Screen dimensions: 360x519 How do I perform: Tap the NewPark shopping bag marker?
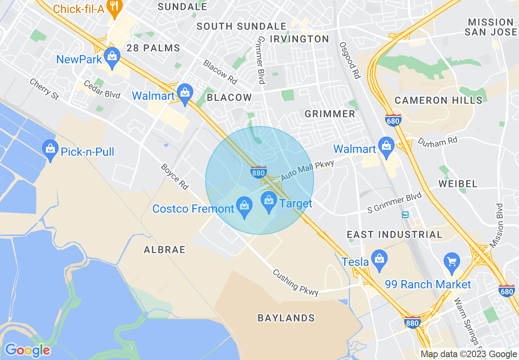tap(111, 58)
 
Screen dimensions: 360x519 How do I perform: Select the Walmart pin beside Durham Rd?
tap(386, 147)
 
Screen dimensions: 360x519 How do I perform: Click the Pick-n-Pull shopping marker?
tap(50, 150)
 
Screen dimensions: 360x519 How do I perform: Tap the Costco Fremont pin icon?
tap(244, 207)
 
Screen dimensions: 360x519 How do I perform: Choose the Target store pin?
tap(269, 202)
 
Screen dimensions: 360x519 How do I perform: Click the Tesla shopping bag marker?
tap(380, 260)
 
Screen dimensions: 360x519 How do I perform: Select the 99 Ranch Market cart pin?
tap(451, 263)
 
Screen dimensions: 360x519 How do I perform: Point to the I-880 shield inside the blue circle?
tap(259, 172)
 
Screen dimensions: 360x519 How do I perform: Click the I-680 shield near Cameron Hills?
tap(393, 120)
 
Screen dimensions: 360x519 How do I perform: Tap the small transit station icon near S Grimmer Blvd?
tap(405, 215)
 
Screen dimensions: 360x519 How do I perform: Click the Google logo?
tap(27, 350)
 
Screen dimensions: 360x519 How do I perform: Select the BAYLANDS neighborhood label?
tap(286, 318)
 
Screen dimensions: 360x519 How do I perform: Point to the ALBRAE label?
tap(165, 250)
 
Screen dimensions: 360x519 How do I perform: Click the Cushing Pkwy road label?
tap(296, 282)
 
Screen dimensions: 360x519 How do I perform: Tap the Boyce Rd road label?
tap(174, 177)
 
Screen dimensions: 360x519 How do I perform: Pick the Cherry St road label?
tap(44, 89)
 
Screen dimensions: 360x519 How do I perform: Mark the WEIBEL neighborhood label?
tap(458, 184)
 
